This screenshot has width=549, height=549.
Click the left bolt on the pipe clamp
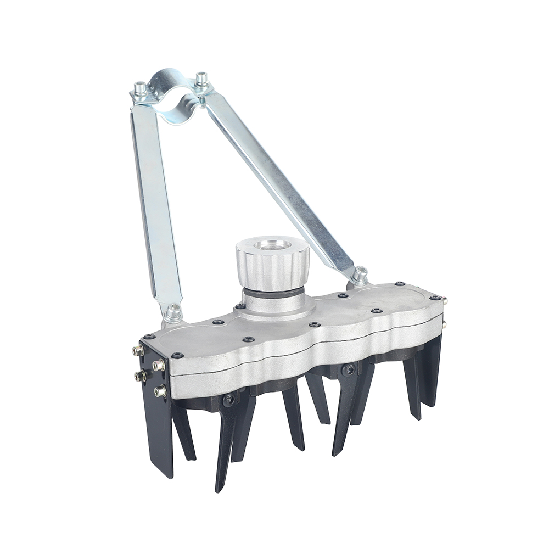pos(141,88)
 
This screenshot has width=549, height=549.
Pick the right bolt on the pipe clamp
pos(201,79)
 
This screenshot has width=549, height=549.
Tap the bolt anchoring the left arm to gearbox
pos(175,311)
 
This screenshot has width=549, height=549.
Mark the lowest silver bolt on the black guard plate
pos(161,391)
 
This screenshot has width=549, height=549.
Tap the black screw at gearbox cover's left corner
pos(149,337)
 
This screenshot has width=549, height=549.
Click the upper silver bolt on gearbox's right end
pos(444,300)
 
